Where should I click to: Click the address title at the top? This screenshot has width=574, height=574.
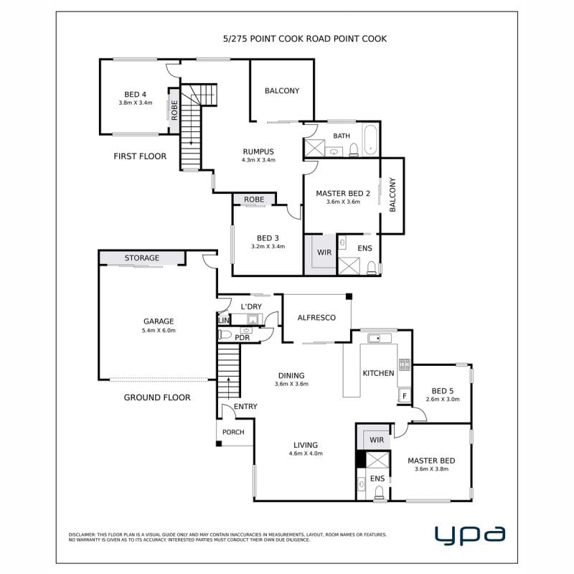tap(304, 39)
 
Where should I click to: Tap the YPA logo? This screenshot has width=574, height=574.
tap(470, 535)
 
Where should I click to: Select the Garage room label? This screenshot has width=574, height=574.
tap(159, 321)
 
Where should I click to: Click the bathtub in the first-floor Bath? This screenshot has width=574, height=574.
tap(370, 140)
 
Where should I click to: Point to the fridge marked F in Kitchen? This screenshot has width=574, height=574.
tap(405, 395)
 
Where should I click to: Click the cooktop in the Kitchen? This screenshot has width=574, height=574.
tap(405, 364)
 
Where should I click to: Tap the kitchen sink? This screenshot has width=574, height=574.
tap(380, 338)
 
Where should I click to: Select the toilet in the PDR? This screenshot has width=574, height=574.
tap(225, 334)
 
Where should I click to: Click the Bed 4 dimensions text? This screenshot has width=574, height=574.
tap(136, 103)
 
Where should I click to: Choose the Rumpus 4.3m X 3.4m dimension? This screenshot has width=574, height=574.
tap(258, 160)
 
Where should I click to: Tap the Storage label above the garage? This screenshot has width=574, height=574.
tap(141, 258)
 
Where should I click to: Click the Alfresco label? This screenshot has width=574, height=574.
tap(316, 318)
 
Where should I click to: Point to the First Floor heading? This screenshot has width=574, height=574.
tap(140, 156)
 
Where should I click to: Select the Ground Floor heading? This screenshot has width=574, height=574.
tap(157, 397)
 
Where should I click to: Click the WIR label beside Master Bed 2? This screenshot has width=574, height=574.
tap(324, 253)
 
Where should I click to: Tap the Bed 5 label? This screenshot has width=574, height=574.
tap(443, 391)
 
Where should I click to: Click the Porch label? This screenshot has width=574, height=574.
tap(233, 433)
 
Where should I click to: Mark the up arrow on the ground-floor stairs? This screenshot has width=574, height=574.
tap(229, 387)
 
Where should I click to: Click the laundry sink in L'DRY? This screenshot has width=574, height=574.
tap(253, 319)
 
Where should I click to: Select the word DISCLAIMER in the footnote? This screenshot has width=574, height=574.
tap(82, 535)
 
